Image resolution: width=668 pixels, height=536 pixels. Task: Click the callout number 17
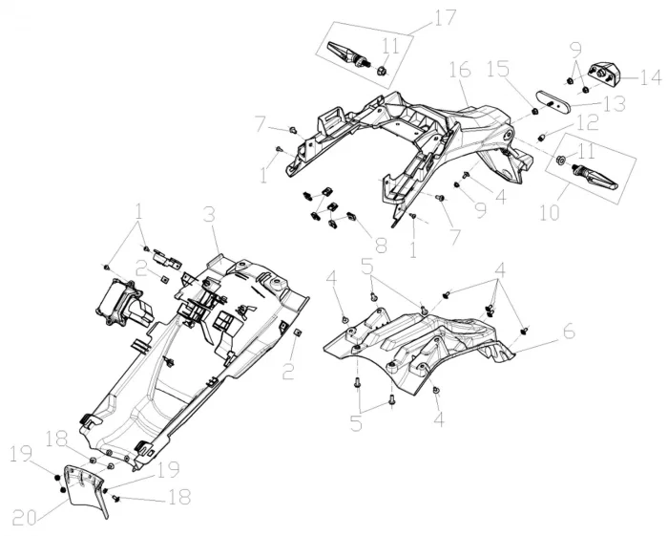pos(446,17)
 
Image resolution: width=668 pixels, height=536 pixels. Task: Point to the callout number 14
pos(650,77)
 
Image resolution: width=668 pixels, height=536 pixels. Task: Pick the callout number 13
pos(614,104)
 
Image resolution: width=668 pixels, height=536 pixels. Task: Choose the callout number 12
pos(587,124)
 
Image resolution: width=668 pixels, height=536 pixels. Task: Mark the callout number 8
pos(380,245)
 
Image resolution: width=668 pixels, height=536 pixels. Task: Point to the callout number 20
pos(26,518)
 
